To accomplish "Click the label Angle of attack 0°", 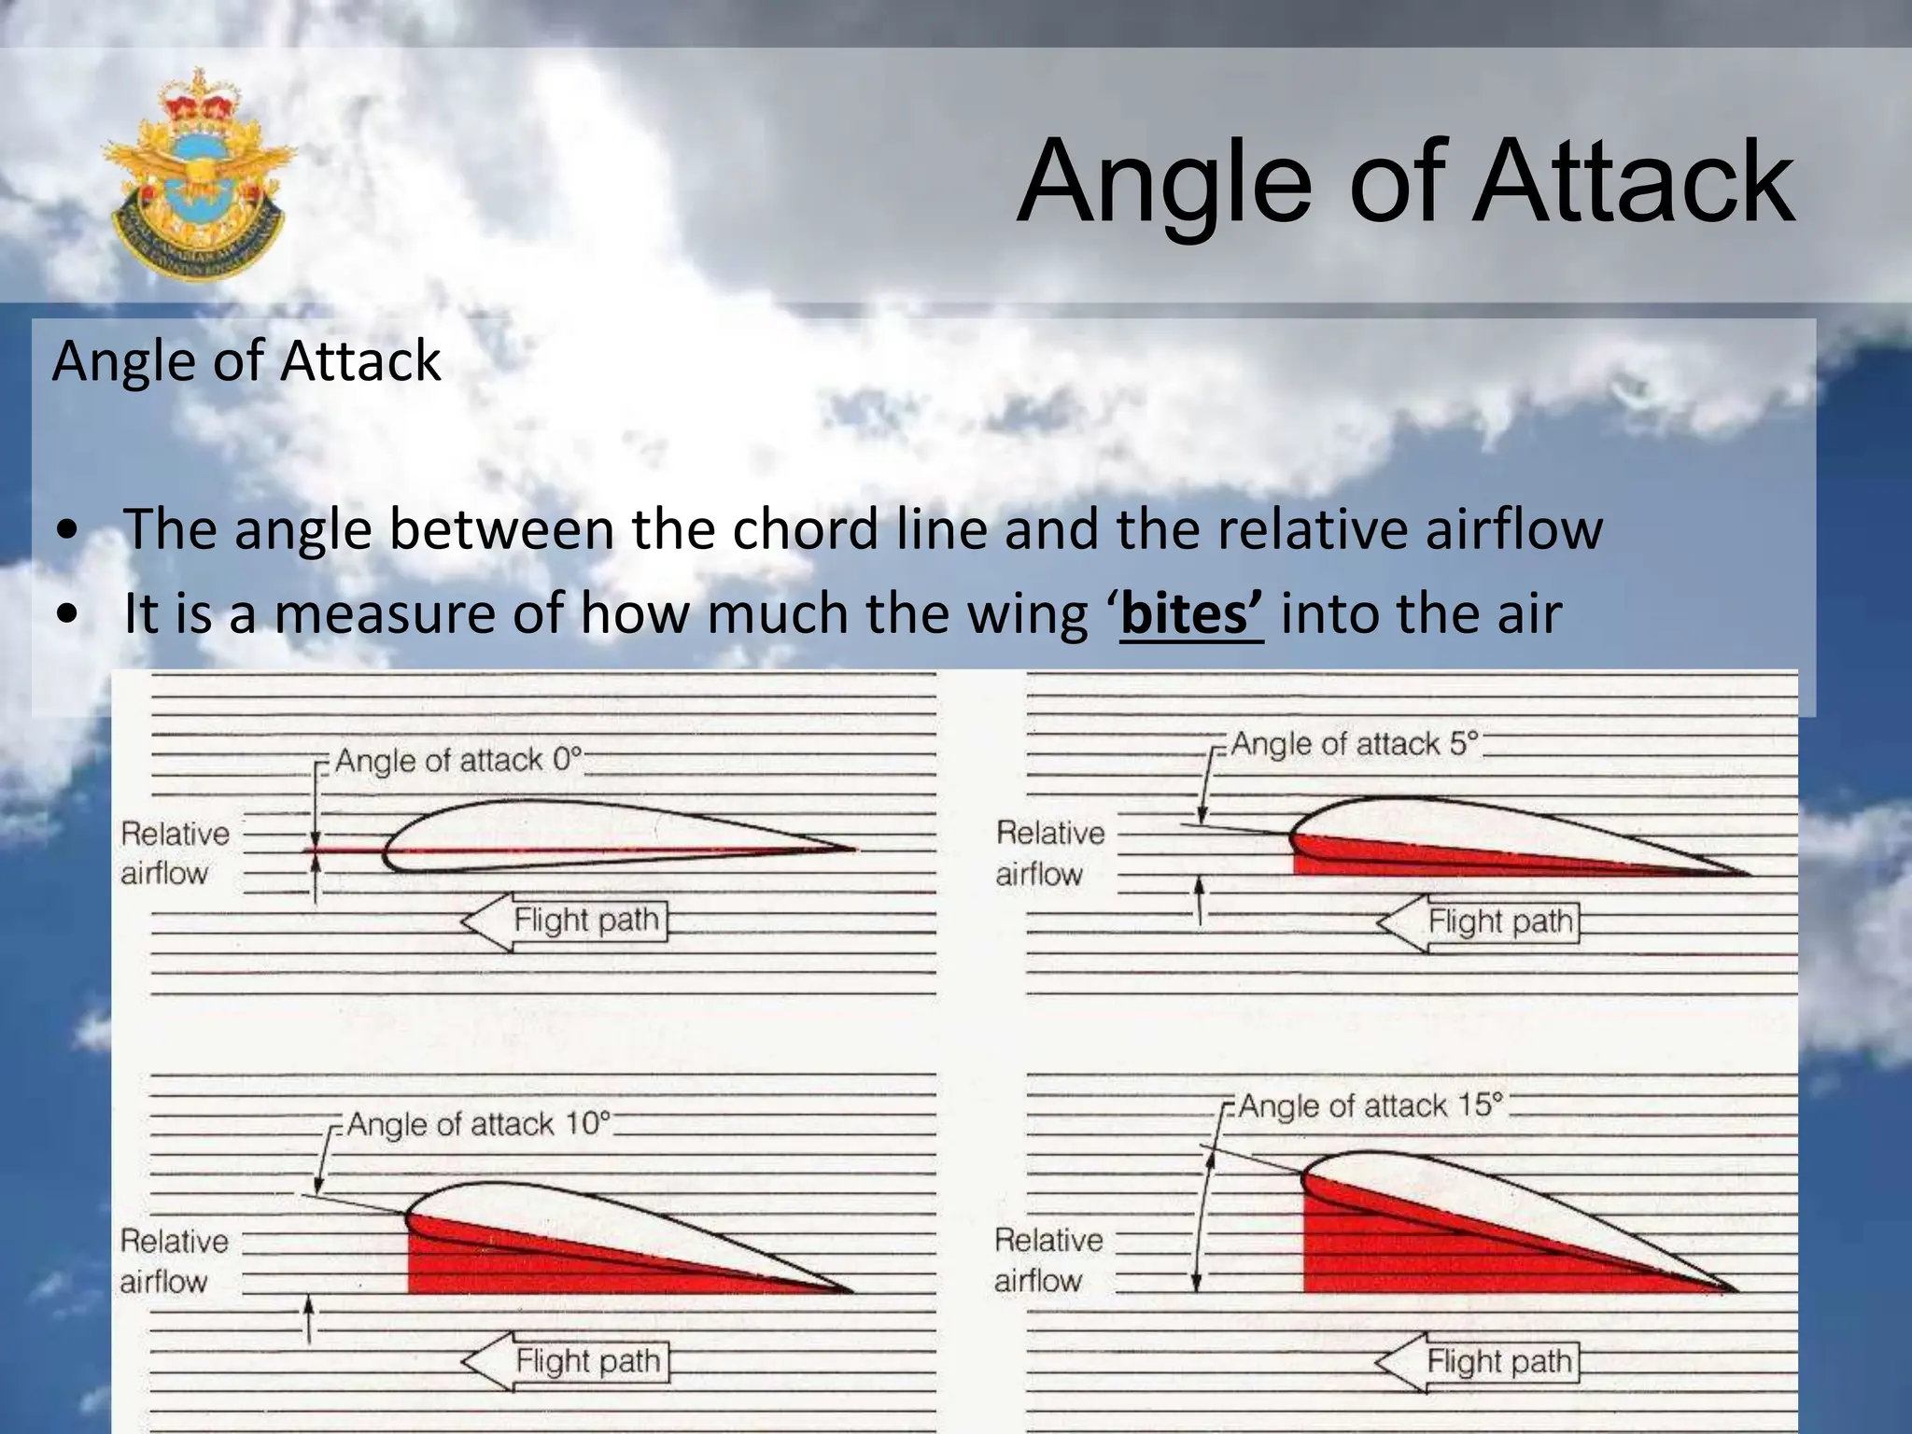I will [x=457, y=760].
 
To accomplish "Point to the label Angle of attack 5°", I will [x=1354, y=744].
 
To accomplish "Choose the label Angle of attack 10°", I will [x=478, y=1123].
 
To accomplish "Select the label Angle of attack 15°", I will [x=1370, y=1105].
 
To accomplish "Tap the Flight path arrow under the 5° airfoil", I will [x=1481, y=922].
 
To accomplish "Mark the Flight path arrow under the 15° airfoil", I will [x=1481, y=1361].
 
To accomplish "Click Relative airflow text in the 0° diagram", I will [x=174, y=853].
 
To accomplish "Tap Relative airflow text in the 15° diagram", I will [x=1047, y=1260].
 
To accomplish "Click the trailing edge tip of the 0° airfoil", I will [x=851, y=850].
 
